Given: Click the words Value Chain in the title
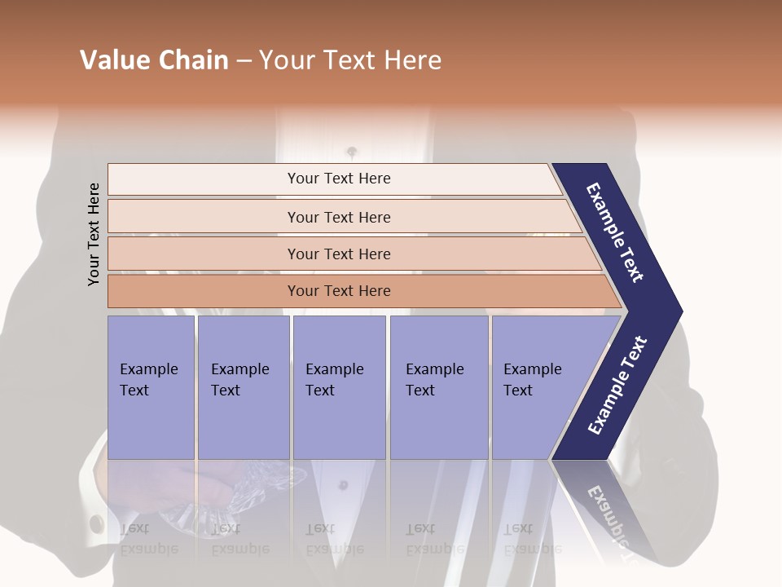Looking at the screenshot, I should click(154, 60).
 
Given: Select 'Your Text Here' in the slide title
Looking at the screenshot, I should click(350, 60).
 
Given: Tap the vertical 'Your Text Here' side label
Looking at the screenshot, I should click(94, 234).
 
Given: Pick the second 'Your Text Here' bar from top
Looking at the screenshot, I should click(338, 217).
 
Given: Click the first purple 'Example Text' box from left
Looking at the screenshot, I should click(151, 387).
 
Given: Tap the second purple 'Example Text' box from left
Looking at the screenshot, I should click(243, 387).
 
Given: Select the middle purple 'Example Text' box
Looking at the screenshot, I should click(339, 387).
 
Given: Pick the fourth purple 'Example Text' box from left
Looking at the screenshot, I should click(438, 387).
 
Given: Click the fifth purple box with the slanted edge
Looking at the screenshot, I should click(538, 387).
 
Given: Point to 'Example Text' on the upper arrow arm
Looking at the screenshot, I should click(615, 232).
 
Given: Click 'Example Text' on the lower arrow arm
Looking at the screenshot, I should click(617, 386).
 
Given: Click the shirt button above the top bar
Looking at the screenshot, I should click(352, 152).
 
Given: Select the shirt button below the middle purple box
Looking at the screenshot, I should click(343, 485).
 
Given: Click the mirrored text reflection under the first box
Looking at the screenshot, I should click(148, 538).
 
